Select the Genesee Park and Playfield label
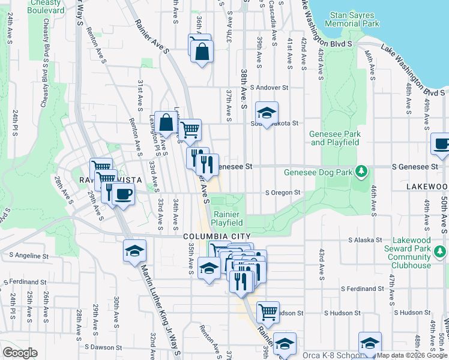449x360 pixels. pos(335,138)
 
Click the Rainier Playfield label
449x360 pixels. pos(226,219)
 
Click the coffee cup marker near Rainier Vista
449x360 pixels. pos(124,194)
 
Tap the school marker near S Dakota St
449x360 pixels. pos(267,112)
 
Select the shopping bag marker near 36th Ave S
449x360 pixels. pos(202,53)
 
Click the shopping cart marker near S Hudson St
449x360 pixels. pos(268,312)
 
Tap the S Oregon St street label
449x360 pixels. pos(283,193)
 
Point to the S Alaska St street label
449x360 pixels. pos(367,240)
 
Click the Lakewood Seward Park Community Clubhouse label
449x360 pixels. pos(409,253)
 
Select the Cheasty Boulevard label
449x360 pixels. pos(43,7)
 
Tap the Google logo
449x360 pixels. pos(20,353)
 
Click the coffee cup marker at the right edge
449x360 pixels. pos(441,145)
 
